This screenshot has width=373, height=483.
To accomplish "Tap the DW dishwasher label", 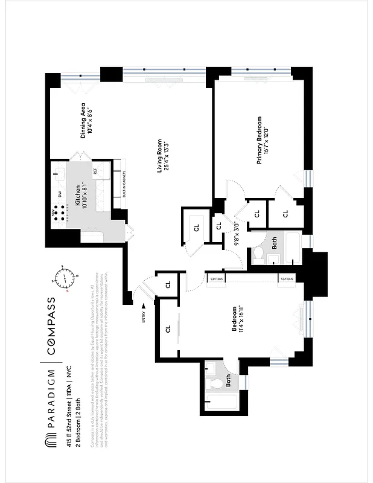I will pos(59,193).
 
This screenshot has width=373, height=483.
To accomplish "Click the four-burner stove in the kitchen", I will pos(59,215).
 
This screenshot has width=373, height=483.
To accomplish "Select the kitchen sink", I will pos(60,174).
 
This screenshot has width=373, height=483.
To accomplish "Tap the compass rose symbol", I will pos(65,278).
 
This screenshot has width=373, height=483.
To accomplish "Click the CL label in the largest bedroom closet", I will pos(168,330).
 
